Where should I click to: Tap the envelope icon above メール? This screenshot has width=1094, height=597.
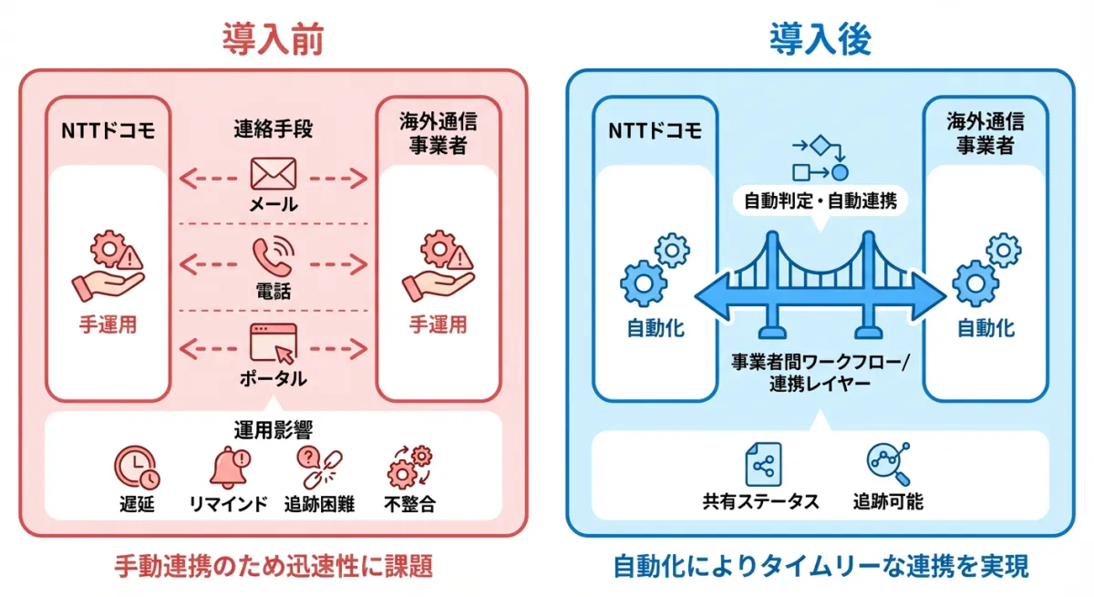273,173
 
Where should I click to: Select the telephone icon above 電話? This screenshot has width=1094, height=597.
273,258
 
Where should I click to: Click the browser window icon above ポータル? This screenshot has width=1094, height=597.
273,344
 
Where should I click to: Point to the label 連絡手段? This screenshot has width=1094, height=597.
273,129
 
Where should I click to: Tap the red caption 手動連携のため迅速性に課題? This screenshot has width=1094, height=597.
273,567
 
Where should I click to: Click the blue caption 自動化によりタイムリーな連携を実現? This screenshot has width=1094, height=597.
820,567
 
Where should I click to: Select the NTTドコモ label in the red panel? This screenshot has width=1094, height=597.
108,129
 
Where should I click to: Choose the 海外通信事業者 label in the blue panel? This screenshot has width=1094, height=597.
985,132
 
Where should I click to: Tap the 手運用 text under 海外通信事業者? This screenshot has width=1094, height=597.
438,324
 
